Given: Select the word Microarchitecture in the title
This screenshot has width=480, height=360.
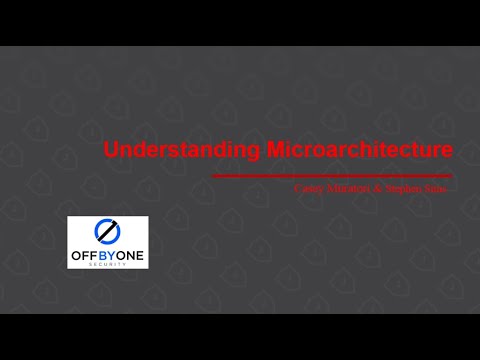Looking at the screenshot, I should pos(360,151).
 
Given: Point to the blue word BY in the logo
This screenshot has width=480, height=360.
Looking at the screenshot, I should pos(108,254).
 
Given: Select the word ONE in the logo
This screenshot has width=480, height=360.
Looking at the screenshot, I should pos(130,254).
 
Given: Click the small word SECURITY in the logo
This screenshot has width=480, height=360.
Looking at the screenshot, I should pos(108,264).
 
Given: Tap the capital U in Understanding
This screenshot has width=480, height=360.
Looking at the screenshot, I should pos(111,151).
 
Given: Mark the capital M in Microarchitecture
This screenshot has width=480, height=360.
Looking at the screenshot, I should pos(277,151).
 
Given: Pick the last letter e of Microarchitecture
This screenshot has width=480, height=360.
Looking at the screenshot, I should pos(446,152).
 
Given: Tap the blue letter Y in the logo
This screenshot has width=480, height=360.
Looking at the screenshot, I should pos(113,254).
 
